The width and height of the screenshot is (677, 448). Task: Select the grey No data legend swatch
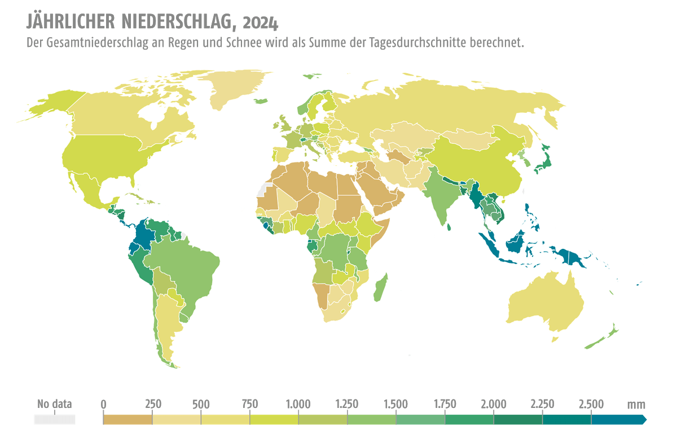(x=54, y=419)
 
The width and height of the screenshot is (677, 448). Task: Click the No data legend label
(x=54, y=404)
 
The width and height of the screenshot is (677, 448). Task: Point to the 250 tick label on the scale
(x=152, y=404)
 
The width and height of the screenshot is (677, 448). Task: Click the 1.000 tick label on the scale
(x=298, y=404)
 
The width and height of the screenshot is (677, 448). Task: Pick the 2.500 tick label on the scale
(x=591, y=404)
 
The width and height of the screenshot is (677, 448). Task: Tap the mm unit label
(x=636, y=404)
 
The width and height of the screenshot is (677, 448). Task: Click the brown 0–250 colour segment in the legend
(x=128, y=419)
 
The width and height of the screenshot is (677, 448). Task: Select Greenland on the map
(x=237, y=90)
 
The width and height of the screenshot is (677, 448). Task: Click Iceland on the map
(x=260, y=101)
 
